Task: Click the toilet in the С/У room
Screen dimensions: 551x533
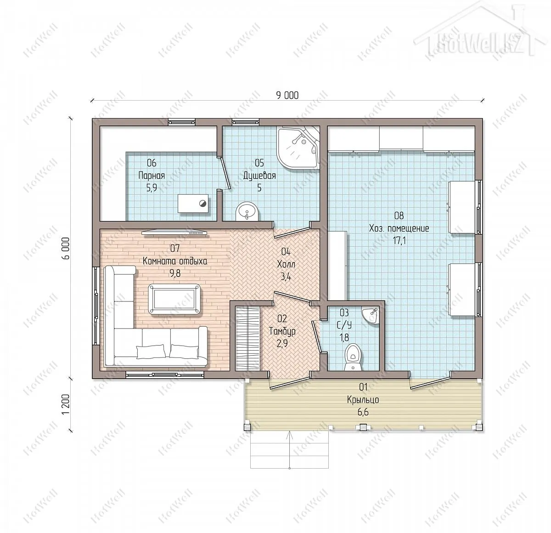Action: click(x=354, y=357)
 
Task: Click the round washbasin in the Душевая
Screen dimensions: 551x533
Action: click(x=247, y=211)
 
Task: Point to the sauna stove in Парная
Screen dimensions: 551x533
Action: click(x=194, y=204)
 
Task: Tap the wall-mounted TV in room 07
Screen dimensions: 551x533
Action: click(x=174, y=232)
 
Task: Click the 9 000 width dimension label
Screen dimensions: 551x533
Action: click(x=287, y=96)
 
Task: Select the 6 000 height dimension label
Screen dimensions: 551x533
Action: click(x=65, y=248)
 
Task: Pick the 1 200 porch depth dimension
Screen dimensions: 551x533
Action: click(x=65, y=404)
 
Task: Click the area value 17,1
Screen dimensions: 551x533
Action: click(x=399, y=241)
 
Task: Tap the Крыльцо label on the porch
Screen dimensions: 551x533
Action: click(x=363, y=400)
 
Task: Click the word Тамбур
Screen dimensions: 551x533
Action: click(x=282, y=331)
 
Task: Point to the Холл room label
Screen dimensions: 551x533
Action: click(x=286, y=264)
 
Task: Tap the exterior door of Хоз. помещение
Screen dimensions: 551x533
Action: click(x=430, y=383)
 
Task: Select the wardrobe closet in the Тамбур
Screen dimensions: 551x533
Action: click(x=247, y=339)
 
